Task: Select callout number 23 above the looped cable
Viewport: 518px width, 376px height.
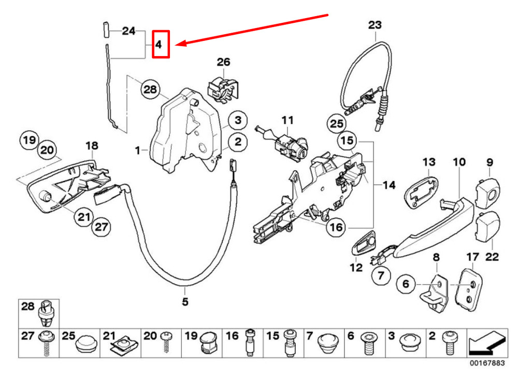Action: pyautogui.click(x=375, y=24)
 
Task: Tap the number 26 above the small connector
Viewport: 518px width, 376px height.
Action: pyautogui.click(x=223, y=62)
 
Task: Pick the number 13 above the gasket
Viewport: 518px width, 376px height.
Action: pyautogui.click(x=429, y=162)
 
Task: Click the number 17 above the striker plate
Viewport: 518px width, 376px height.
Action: pyautogui.click(x=472, y=257)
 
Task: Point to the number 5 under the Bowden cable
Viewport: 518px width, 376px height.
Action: pyautogui.click(x=185, y=301)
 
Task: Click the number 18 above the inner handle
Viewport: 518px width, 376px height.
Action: pyautogui.click(x=91, y=146)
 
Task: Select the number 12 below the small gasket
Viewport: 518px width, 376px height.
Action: pyautogui.click(x=356, y=269)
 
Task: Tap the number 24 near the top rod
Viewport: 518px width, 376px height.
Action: pyautogui.click(x=128, y=31)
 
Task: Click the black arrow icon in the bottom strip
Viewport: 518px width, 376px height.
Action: pyautogui.click(x=486, y=343)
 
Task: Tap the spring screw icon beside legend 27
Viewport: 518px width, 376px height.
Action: pyautogui.click(x=47, y=343)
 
